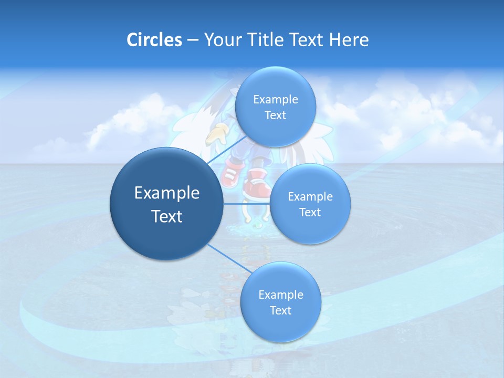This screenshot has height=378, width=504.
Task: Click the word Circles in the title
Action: point(154,40)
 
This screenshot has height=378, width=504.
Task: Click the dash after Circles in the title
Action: point(193,40)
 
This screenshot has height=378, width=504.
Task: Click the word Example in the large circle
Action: point(166,193)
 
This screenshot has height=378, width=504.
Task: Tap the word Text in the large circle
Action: point(166,216)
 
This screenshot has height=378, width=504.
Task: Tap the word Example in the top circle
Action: point(275,100)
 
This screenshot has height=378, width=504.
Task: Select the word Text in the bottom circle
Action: point(280,310)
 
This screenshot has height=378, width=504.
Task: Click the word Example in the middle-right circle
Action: point(310,197)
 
